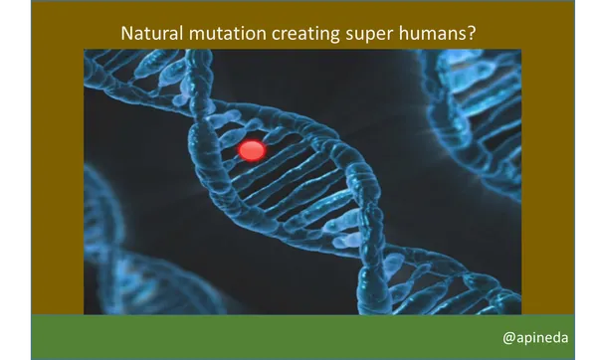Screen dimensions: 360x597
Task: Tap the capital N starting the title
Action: coord(126,33)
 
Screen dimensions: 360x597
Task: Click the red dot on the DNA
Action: coord(252,150)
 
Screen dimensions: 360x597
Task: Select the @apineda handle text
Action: coord(535,338)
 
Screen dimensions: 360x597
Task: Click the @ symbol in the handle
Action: coord(508,338)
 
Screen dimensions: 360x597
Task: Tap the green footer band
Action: coord(298,337)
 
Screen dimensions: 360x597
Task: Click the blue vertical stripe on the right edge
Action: coord(578,179)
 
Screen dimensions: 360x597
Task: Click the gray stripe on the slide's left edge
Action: coord(28,179)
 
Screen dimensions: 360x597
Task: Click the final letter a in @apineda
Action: coord(563,338)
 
